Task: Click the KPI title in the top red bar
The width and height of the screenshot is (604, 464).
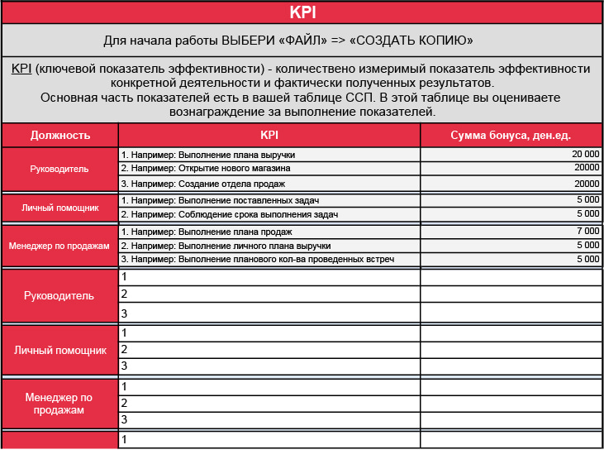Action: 302,12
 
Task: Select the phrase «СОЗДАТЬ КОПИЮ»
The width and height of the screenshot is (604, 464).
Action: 412,41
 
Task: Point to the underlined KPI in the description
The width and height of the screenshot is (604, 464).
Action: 21,69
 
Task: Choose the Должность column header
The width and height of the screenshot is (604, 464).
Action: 60,136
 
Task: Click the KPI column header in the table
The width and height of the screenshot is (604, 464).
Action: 269,136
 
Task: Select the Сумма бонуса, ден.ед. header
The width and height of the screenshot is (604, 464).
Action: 511,136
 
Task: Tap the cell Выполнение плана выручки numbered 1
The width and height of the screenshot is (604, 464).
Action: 208,155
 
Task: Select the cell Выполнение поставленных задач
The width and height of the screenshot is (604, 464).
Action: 220,201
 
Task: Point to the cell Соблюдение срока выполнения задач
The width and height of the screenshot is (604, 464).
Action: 230,214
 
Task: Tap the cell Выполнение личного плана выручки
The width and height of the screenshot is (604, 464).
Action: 226,246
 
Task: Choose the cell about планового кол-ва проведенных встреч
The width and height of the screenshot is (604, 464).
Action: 257,260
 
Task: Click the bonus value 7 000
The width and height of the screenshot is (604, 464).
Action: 587,232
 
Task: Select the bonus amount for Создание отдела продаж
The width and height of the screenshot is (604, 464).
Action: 586,184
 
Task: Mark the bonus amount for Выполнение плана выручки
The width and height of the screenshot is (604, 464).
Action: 585,155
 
